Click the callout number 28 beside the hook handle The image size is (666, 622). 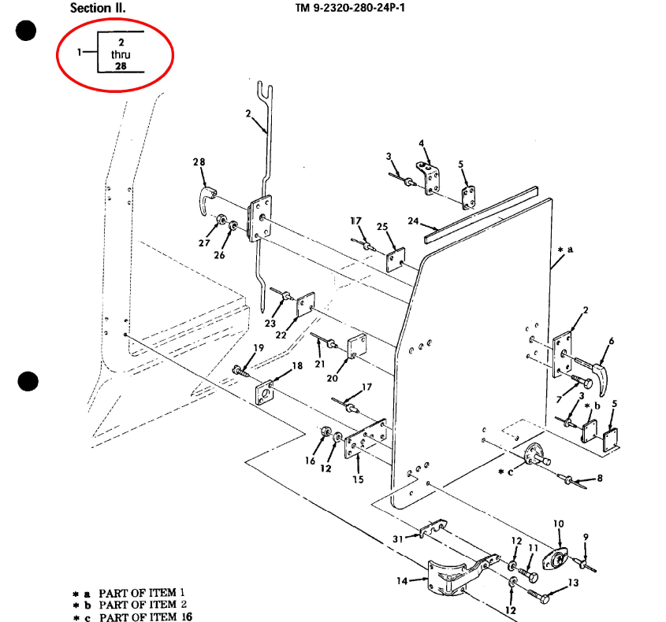(199, 162)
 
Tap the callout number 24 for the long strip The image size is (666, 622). (413, 221)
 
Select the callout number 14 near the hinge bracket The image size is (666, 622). (402, 581)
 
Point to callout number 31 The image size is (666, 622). (397, 539)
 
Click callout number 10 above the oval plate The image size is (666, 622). (559, 524)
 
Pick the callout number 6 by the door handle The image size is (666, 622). (611, 341)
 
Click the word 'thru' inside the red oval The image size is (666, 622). (121, 55)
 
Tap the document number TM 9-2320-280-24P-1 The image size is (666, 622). (351, 8)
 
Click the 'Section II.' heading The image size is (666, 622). (98, 8)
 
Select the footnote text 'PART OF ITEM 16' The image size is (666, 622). (146, 616)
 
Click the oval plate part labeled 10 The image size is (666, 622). (555, 558)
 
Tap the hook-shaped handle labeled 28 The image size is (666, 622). (207, 199)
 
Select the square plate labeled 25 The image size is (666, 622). (396, 260)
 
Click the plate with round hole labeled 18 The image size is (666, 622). (265, 392)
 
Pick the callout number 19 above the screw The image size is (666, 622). (259, 348)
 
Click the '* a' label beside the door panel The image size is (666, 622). (566, 250)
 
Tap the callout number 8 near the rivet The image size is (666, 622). (600, 478)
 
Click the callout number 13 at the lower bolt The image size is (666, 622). (574, 583)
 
